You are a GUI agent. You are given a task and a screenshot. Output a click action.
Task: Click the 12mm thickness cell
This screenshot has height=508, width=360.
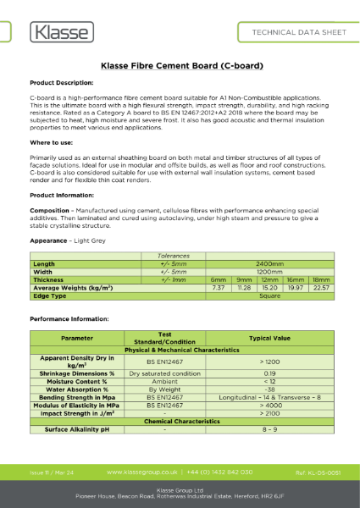coord(269,279)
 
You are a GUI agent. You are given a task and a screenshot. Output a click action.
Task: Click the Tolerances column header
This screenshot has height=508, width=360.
coord(174,255)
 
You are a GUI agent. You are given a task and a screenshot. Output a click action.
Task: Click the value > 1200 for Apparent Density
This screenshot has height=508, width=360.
coord(270,360)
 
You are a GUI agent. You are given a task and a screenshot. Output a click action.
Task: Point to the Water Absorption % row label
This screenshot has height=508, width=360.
coord(77,388)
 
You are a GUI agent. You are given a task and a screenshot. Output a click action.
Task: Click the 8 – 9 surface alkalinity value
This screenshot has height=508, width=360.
coord(270,429)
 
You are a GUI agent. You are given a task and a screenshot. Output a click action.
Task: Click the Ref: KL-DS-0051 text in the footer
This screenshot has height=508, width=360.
coord(318,471)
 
